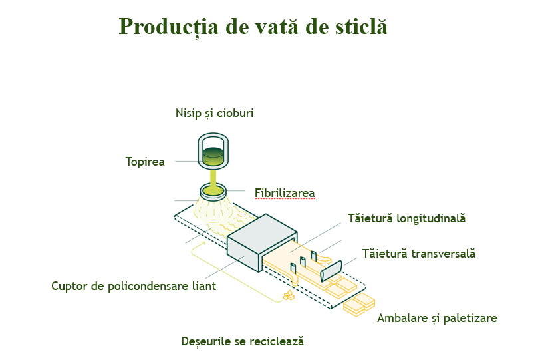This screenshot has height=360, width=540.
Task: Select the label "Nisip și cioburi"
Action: [x=215, y=113]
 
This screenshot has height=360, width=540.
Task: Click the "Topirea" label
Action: [x=145, y=162]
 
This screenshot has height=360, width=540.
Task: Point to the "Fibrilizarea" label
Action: [x=285, y=193]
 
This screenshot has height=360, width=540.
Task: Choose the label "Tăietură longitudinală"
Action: [x=407, y=218]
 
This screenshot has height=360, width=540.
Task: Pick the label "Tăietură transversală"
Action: [x=419, y=254]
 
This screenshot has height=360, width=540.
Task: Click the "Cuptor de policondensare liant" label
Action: [x=134, y=286]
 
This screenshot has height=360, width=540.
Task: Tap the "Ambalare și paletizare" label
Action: [x=438, y=318]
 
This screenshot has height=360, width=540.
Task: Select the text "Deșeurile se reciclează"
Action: [x=243, y=341]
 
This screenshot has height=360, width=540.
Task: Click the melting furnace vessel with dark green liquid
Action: [x=213, y=152]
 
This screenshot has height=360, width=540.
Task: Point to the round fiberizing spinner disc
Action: [x=213, y=191]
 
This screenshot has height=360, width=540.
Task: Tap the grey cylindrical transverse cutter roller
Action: [x=331, y=270]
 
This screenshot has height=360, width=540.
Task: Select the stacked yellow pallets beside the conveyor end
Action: [x=359, y=304]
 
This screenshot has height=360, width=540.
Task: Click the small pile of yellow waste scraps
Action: [x=289, y=295]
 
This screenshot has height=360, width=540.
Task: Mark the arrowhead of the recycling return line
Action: [x=203, y=243]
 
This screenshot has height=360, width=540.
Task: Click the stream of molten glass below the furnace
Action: [x=213, y=177]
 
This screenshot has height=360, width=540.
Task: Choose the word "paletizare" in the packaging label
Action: [x=470, y=318]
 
